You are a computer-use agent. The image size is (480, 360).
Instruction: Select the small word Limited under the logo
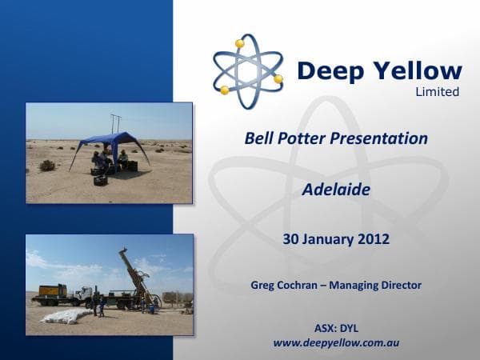pos(437,92)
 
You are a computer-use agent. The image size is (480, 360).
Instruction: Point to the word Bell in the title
pos(259,138)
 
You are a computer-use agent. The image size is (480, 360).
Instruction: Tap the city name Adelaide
pos(335,190)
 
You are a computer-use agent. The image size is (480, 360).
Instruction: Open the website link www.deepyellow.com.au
pos(336,342)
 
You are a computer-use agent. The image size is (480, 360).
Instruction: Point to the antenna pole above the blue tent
pos(116,123)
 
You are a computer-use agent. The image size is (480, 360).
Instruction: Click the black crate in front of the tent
pos(101,180)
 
